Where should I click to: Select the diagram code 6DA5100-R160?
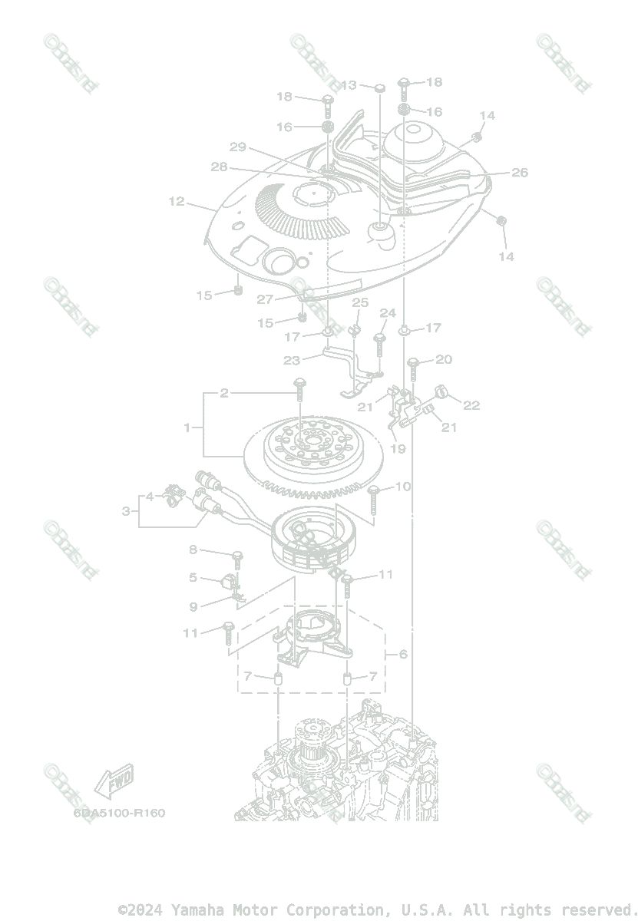[119, 813]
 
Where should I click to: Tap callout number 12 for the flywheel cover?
[177, 202]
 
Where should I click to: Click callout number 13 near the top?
[349, 85]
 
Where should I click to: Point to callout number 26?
[520, 173]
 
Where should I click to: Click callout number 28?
[220, 167]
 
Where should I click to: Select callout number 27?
[265, 299]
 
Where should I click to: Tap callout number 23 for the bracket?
[292, 359]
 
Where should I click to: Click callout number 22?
[471, 405]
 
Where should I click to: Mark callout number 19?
[398, 449]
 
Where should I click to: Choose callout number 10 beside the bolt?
[403, 487]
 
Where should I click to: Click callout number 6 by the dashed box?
[404, 655]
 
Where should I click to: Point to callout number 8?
[193, 550]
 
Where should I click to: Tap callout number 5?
[193, 578]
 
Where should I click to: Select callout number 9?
[193, 607]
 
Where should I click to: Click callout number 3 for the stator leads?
[126, 510]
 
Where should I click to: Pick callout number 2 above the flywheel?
[224, 394]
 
